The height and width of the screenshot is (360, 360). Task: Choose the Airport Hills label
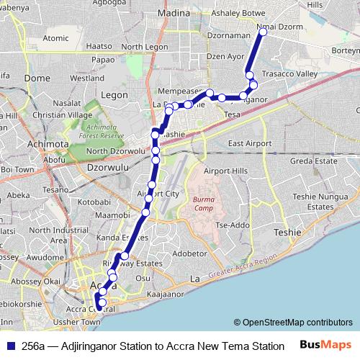point(225,171)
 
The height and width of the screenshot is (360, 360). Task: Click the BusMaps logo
point(325,345)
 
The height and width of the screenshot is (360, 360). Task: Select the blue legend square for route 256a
point(9,346)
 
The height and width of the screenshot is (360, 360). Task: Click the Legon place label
point(114,94)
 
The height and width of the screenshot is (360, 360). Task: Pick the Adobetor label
point(189,253)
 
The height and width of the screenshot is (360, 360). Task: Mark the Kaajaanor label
point(163,294)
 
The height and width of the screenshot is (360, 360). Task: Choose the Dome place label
point(37,77)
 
